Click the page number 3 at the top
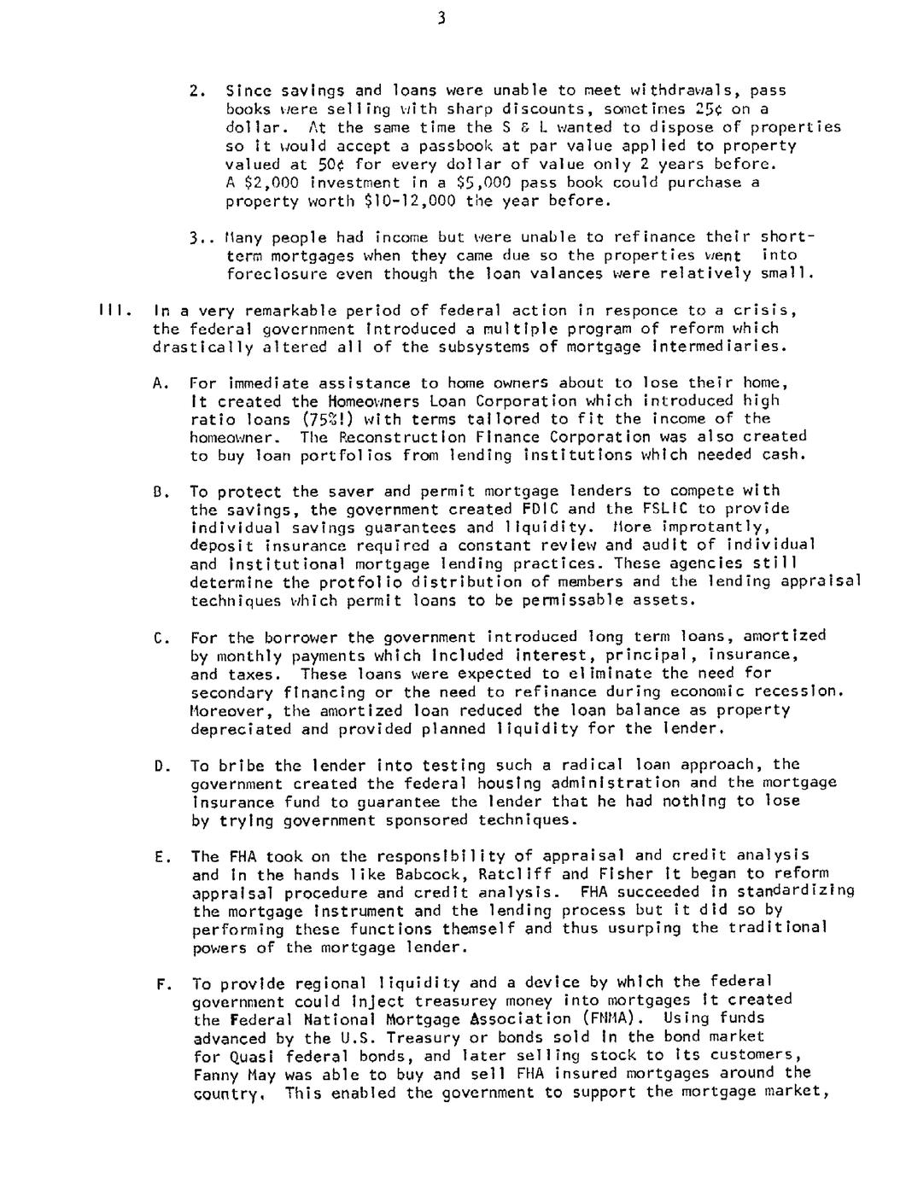(441, 19)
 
